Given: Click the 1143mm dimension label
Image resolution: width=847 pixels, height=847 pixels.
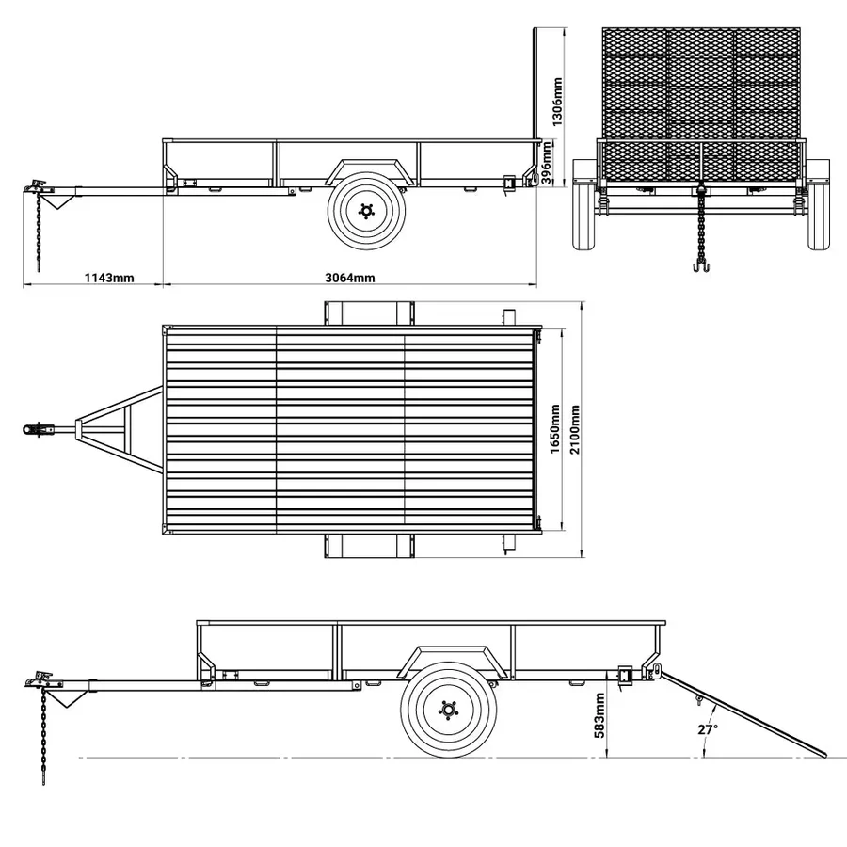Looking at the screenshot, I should point(109,278).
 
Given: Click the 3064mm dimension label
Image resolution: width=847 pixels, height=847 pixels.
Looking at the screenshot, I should point(349,278).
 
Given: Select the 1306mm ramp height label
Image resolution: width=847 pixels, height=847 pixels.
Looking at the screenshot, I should point(557,102).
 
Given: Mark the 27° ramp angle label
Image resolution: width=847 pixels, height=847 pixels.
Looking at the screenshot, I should point(707,728).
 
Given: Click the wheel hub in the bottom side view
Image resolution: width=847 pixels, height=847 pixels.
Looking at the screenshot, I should point(446,710).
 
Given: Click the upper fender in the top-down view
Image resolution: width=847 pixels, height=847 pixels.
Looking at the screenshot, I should point(368,312).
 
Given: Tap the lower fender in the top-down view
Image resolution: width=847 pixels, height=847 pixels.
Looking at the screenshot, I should point(368,545).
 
